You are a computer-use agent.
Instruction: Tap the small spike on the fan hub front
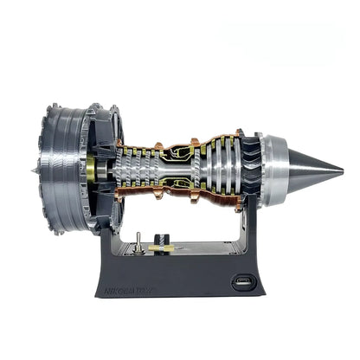[33, 165]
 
